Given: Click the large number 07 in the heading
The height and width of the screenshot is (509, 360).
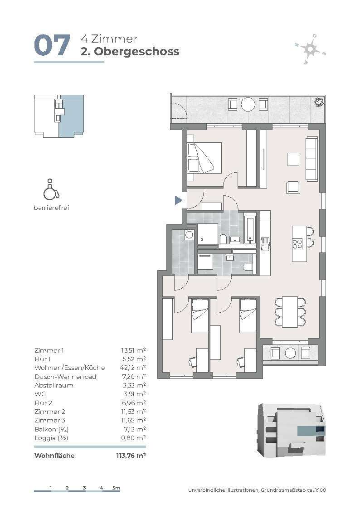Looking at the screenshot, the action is click(52, 45).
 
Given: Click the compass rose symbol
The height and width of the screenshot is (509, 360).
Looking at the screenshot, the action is click(310, 48).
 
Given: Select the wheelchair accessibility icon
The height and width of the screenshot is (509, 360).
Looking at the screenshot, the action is click(51, 189).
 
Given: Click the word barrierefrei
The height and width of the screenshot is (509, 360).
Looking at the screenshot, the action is click(51, 208).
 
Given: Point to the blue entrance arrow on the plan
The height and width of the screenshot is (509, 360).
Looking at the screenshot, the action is click(178, 200).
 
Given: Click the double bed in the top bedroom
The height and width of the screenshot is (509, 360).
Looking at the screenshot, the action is click(204, 157).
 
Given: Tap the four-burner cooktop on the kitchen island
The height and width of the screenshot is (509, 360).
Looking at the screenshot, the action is click(297, 243).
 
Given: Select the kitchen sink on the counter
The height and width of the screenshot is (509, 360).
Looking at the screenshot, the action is click(265, 243).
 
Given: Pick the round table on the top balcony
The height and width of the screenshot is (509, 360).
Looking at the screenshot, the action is click(248, 105).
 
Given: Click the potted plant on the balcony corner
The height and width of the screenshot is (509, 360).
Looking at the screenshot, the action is click(319, 102).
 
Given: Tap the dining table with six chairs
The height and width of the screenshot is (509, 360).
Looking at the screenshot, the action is click(290, 312).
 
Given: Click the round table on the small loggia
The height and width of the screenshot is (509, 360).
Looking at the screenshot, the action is click(290, 353).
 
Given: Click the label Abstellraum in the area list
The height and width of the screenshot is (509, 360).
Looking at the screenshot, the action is click(54, 385).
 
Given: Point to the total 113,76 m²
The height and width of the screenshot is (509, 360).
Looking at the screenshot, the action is click(131, 456).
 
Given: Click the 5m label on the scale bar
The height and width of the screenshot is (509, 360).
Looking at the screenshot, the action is click(116, 488).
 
